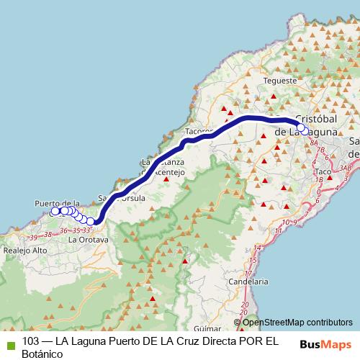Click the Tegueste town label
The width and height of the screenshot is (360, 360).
pyautogui.click(x=280, y=81)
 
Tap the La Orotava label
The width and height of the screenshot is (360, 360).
pyautogui.click(x=88, y=239)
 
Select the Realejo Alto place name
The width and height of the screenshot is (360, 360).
pyautogui.click(x=25, y=250)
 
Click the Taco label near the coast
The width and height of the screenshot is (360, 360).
pyautogui.click(x=323, y=172)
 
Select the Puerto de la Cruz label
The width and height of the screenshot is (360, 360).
pyautogui.click(x=56, y=204)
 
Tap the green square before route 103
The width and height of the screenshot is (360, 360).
pyautogui.click(x=10, y=344)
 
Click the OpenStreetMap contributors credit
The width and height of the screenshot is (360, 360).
pyautogui.click(x=297, y=323)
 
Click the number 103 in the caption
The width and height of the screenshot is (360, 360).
pyautogui.click(x=32, y=342)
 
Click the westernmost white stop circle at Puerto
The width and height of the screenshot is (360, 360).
pyautogui.click(x=55, y=212)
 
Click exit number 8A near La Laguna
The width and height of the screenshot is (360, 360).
pyautogui.click(x=314, y=143)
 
